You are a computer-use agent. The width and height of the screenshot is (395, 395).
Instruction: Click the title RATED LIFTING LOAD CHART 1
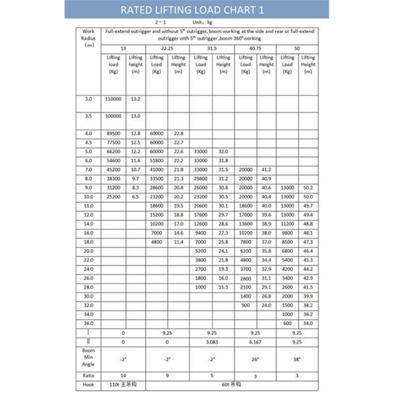[197, 10]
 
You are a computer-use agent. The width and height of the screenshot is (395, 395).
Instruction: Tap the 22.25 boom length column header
[167, 49]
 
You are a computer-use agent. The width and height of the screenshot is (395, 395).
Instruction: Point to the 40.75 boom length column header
[255, 49]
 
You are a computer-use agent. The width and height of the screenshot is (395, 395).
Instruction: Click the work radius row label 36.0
[88, 323]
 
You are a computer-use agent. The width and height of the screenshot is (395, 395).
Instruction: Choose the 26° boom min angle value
[255, 359]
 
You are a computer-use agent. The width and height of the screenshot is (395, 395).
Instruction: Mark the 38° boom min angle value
[297, 359]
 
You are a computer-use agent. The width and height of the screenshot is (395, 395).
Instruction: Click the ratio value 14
[123, 375]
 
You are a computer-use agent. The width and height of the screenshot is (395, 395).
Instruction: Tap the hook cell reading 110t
[123, 384]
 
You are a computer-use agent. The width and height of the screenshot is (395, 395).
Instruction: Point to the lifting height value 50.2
[308, 188]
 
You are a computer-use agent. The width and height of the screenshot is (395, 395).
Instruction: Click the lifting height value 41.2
[267, 169]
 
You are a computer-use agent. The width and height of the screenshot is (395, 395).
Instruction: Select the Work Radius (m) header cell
[88, 38]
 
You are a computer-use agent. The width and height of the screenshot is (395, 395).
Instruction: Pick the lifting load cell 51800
[156, 161]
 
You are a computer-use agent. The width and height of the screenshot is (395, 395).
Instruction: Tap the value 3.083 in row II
[212, 342]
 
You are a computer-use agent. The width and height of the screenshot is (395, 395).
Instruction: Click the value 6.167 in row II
[255, 342]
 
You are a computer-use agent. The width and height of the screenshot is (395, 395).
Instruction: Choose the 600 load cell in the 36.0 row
[287, 323]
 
